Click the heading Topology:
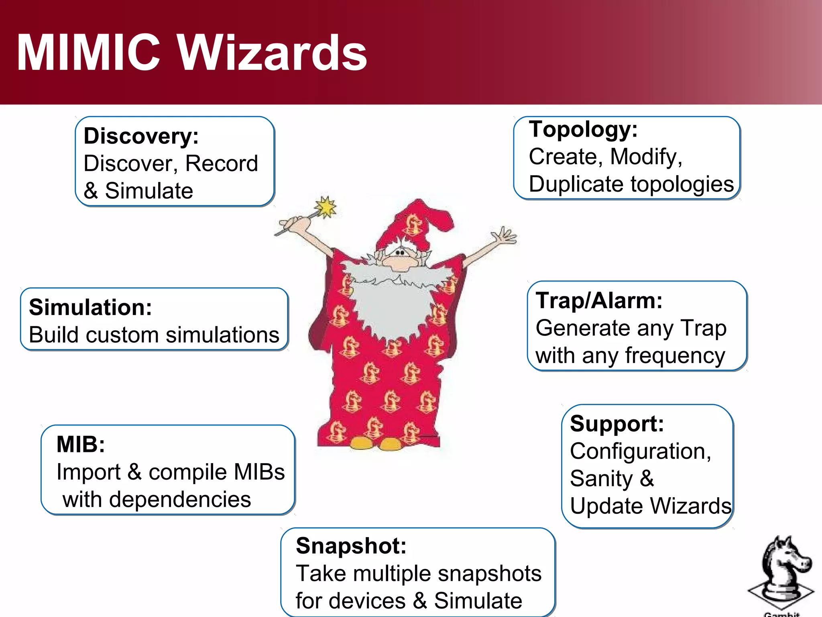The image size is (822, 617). [583, 129]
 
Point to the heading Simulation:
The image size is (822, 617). [91, 307]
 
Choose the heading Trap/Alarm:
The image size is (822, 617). [599, 300]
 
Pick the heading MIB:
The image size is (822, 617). [81, 444]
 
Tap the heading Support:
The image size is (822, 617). [617, 424]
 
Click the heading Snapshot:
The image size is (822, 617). [351, 546]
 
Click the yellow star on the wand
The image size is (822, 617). [326, 207]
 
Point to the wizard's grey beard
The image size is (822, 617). [391, 305]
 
